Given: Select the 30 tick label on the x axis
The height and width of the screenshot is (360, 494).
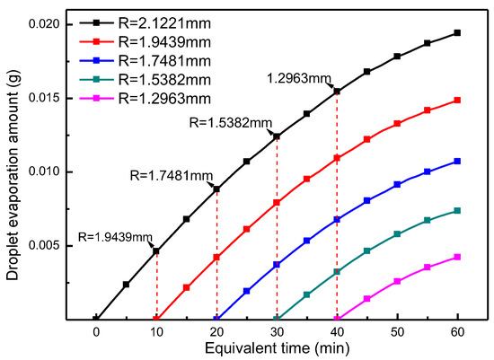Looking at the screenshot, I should pos(277,330).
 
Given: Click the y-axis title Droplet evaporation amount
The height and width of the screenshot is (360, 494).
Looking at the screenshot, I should pos(13,171).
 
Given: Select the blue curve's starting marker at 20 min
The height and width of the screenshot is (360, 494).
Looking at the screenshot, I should pos(216,319).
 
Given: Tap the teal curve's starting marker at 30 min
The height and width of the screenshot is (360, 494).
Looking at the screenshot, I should pos(277,319).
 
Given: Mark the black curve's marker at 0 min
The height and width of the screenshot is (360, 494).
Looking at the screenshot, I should pos(96,319).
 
